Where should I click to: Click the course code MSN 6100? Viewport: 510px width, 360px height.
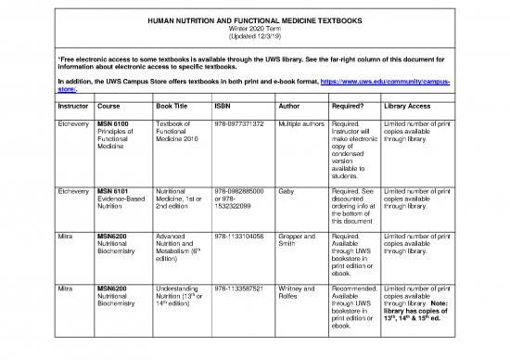pyautogui.click(x=115, y=123)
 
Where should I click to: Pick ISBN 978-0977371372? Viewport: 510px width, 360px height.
pyautogui.click(x=239, y=123)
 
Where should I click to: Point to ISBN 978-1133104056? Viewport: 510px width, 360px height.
pyautogui.click(x=239, y=237)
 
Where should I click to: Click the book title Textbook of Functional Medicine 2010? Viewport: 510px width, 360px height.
pyautogui.click(x=178, y=131)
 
